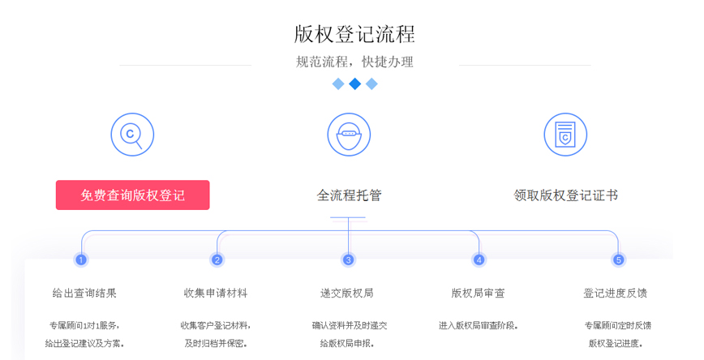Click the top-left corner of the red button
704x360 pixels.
pyautogui.click(x=56, y=181)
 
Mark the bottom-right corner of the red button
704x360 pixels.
pyautogui.click(x=209, y=210)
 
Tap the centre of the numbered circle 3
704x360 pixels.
pyautogui.click(x=348, y=259)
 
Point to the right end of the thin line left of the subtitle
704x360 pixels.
pyautogui.click(x=251, y=65)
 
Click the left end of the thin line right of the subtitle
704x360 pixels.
pyautogui.click(x=459, y=65)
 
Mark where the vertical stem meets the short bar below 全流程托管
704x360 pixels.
pyautogui.click(x=348, y=218)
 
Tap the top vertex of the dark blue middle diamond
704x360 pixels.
pyautogui.click(x=354, y=78)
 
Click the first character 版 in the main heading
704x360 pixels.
pyautogui.click(x=304, y=35)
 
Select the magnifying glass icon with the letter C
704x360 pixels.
pyautogui.click(x=132, y=135)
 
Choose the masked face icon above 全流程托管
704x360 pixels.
pyautogui.click(x=349, y=135)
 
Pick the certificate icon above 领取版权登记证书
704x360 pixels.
pyautogui.click(x=565, y=135)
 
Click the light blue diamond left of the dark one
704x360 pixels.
pyautogui.click(x=338, y=84)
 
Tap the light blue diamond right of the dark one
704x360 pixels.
pyautogui.click(x=371, y=84)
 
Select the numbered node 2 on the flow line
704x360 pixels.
pyautogui.click(x=217, y=259)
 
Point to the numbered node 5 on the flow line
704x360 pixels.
pyautogui.click(x=618, y=259)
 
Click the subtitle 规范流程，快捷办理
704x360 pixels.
pyautogui.click(x=354, y=62)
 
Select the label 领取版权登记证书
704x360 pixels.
pyautogui.click(x=566, y=195)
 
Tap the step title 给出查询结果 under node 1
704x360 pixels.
pyautogui.click(x=84, y=294)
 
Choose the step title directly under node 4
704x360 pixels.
pyautogui.click(x=479, y=294)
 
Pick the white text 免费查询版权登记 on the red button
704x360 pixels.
pyautogui.click(x=132, y=195)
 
